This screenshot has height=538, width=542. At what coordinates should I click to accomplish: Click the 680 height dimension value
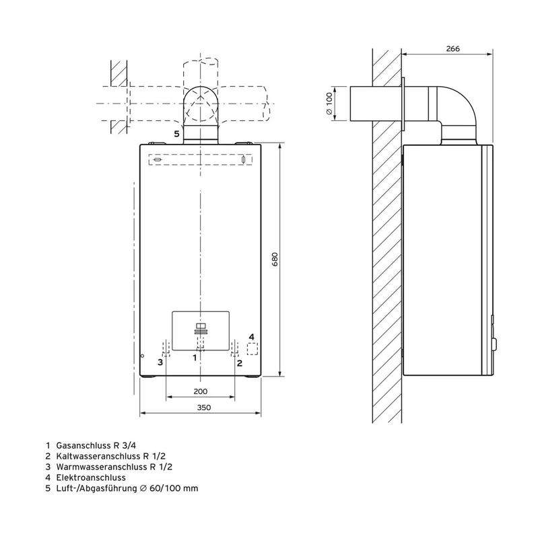pyautogui.click(x=275, y=260)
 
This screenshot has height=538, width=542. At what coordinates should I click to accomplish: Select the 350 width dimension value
pyautogui.click(x=204, y=408)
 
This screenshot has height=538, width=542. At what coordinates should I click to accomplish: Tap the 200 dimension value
pyautogui.click(x=201, y=391)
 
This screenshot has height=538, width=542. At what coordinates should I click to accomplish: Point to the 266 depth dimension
pyautogui.click(x=453, y=48)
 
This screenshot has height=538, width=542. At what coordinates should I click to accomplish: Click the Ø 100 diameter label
pyautogui.click(x=329, y=104)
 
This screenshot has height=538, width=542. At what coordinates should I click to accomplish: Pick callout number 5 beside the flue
pyautogui.click(x=176, y=134)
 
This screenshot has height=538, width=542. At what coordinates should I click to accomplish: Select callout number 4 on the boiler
pyautogui.click(x=252, y=337)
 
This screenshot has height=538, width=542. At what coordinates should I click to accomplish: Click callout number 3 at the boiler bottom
pyautogui.click(x=160, y=362)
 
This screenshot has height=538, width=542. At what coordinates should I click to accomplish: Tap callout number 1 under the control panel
pyautogui.click(x=195, y=358)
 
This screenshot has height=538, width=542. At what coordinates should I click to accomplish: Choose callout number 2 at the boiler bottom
pyautogui.click(x=240, y=363)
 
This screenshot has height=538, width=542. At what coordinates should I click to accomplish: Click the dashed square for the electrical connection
pyautogui.click(x=252, y=349)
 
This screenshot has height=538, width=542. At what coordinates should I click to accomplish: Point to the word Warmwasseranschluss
pyautogui.click(x=101, y=467)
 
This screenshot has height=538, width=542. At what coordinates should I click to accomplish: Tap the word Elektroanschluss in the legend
pyautogui.click(x=91, y=477)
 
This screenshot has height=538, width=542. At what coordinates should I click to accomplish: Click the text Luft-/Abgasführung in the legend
pyautogui.click(x=97, y=489)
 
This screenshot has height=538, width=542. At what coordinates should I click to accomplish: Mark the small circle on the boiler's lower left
pyautogui.click(x=142, y=356)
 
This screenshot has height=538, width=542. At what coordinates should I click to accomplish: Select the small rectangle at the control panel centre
pyautogui.click(x=201, y=325)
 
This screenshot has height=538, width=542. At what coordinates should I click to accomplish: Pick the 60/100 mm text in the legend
pyautogui.click(x=174, y=488)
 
